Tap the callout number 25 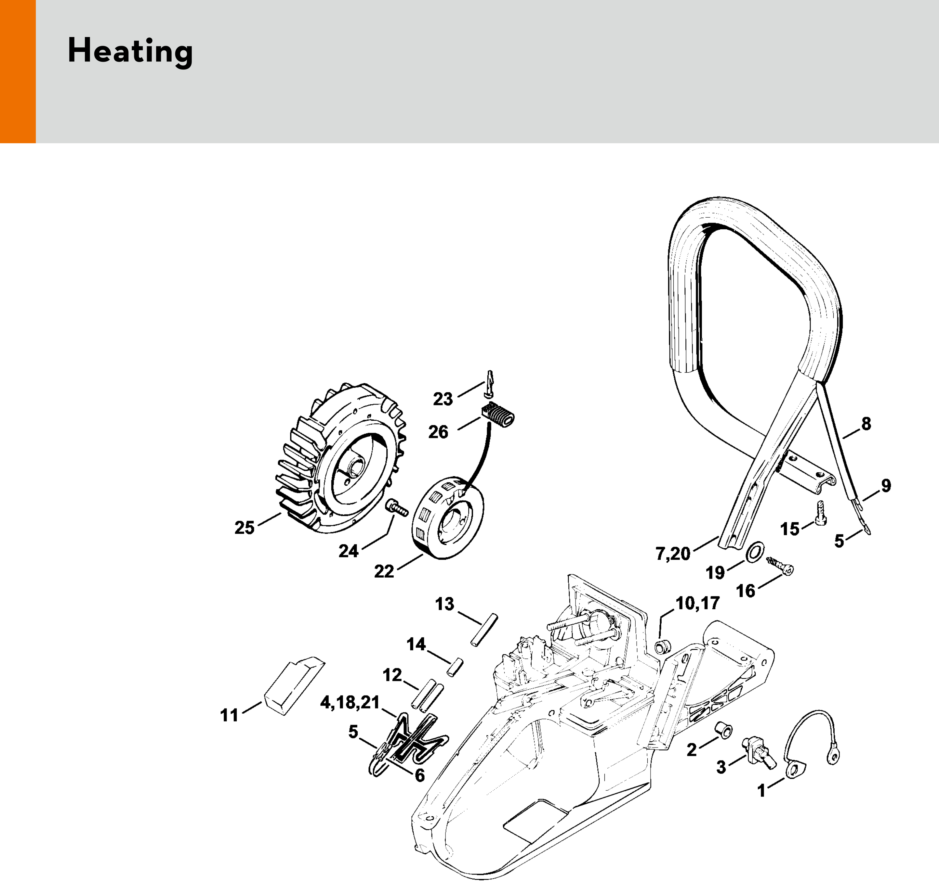coord(244,528)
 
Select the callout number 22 coord(384,571)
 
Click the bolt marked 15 coord(821,511)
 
